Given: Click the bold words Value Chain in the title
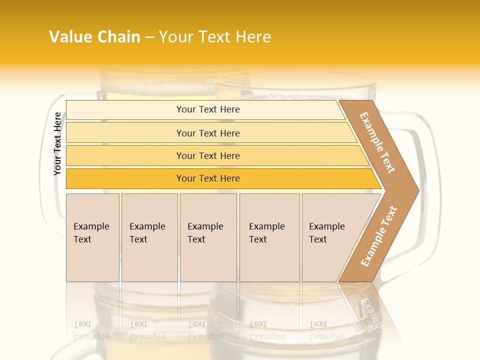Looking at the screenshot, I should pos(94,37).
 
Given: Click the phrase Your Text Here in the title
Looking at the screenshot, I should pos(215,37).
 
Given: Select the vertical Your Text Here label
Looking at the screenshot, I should pos(57,143).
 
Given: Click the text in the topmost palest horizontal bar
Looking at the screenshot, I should pos(208,109).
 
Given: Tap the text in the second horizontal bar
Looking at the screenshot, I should pos(208,133).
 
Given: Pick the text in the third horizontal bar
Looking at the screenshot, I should pos(208,156).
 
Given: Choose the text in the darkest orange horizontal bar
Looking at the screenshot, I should pos(208,178).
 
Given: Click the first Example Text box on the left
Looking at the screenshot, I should pos(91,233).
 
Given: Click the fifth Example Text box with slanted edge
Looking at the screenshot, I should pos(327,233).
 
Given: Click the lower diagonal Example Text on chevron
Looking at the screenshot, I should pos(379,236).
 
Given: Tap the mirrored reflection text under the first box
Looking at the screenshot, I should pos(91,330).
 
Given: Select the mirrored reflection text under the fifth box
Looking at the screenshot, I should pos(327,330).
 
